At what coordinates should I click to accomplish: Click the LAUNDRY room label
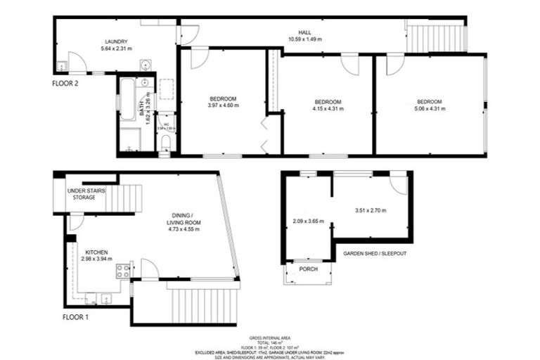tap(116, 42)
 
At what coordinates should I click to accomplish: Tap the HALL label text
tap(304, 32)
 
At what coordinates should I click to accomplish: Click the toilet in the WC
tap(165, 143)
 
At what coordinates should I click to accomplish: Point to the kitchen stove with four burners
tap(122, 271)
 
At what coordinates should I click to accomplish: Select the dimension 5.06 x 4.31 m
tap(429, 108)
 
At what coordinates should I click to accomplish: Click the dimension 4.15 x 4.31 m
tap(327, 108)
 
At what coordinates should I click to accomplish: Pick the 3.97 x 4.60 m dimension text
tap(223, 105)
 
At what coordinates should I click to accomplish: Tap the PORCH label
tap(308, 269)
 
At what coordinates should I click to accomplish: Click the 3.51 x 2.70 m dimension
tap(370, 210)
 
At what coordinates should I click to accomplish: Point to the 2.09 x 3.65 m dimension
tap(308, 221)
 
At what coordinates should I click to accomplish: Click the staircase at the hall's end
tap(436, 37)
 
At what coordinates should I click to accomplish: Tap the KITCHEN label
tap(97, 252)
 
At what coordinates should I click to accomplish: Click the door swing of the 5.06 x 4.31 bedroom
tap(394, 64)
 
